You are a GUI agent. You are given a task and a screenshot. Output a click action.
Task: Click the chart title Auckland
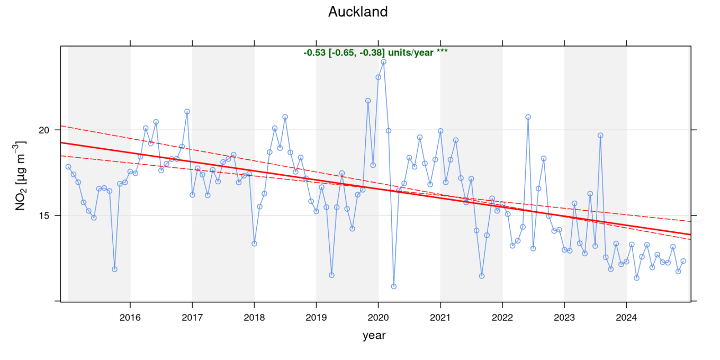(358, 12)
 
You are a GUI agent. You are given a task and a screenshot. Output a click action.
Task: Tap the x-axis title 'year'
(374, 335)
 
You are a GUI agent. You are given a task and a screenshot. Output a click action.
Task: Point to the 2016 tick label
(130, 318)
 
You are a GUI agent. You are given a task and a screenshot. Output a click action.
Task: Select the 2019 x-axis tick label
(316, 318)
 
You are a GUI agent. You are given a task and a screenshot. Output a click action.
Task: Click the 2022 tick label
(502, 318)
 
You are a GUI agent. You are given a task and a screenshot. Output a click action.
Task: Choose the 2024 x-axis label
(626, 318)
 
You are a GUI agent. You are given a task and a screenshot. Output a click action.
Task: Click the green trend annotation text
(375, 52)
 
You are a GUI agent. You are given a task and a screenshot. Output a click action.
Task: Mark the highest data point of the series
(383, 61)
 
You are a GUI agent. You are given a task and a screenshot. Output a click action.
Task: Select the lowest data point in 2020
(394, 286)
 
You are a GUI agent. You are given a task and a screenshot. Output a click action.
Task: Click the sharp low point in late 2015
(114, 269)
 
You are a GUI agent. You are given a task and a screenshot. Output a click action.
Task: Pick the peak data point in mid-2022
(528, 117)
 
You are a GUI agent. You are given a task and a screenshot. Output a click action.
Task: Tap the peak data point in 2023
(600, 135)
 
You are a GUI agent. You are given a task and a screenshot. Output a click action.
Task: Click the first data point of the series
(68, 167)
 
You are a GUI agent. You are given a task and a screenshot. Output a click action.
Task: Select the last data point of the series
(683, 261)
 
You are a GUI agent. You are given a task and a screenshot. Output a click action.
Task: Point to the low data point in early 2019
(331, 275)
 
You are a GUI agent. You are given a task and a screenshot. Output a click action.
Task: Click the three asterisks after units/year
(442, 52)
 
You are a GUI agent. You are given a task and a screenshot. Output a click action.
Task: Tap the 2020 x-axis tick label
(378, 318)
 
